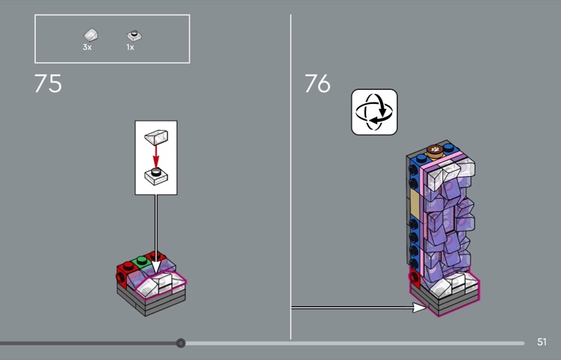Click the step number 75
point(48,84)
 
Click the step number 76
point(317,84)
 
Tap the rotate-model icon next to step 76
point(374,112)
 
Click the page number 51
point(541,342)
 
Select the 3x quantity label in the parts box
point(87,47)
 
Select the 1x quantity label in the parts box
point(130,47)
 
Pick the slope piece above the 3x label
point(90,34)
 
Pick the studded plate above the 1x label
point(133,34)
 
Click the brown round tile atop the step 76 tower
point(433,149)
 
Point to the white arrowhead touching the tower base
point(419,307)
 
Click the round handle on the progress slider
point(181,343)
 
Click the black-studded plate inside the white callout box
point(156,175)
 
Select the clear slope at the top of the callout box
point(155,135)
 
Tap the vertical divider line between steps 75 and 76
point(291,175)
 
